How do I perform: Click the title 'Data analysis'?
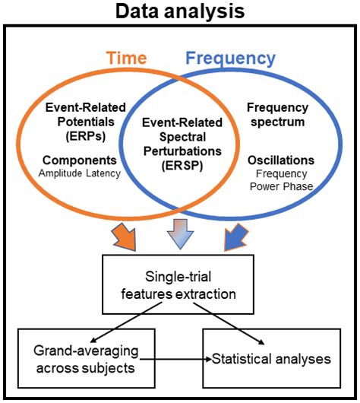180,11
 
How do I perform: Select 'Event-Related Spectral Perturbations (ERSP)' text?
177,140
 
